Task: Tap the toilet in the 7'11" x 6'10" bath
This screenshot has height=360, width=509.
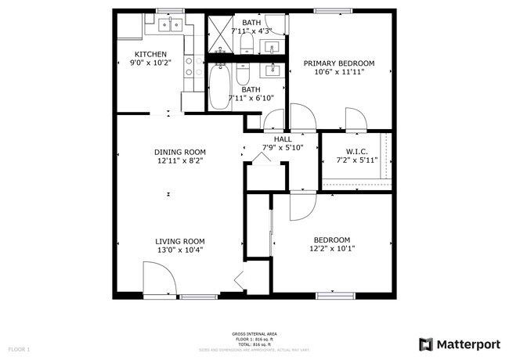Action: point(244,77)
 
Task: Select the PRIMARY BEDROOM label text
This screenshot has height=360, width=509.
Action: point(338,63)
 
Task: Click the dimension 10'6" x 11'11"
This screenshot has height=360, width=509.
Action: point(338,72)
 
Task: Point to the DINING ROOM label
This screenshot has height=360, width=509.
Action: point(179,152)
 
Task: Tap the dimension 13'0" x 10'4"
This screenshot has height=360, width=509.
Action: point(179,250)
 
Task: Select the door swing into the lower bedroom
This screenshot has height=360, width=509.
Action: point(300,206)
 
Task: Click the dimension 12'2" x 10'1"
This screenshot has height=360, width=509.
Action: point(331,250)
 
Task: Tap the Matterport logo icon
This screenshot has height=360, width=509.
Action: point(426,344)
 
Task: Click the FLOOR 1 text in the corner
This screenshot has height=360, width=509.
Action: point(19,348)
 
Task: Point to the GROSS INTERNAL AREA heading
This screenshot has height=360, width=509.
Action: point(254,333)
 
